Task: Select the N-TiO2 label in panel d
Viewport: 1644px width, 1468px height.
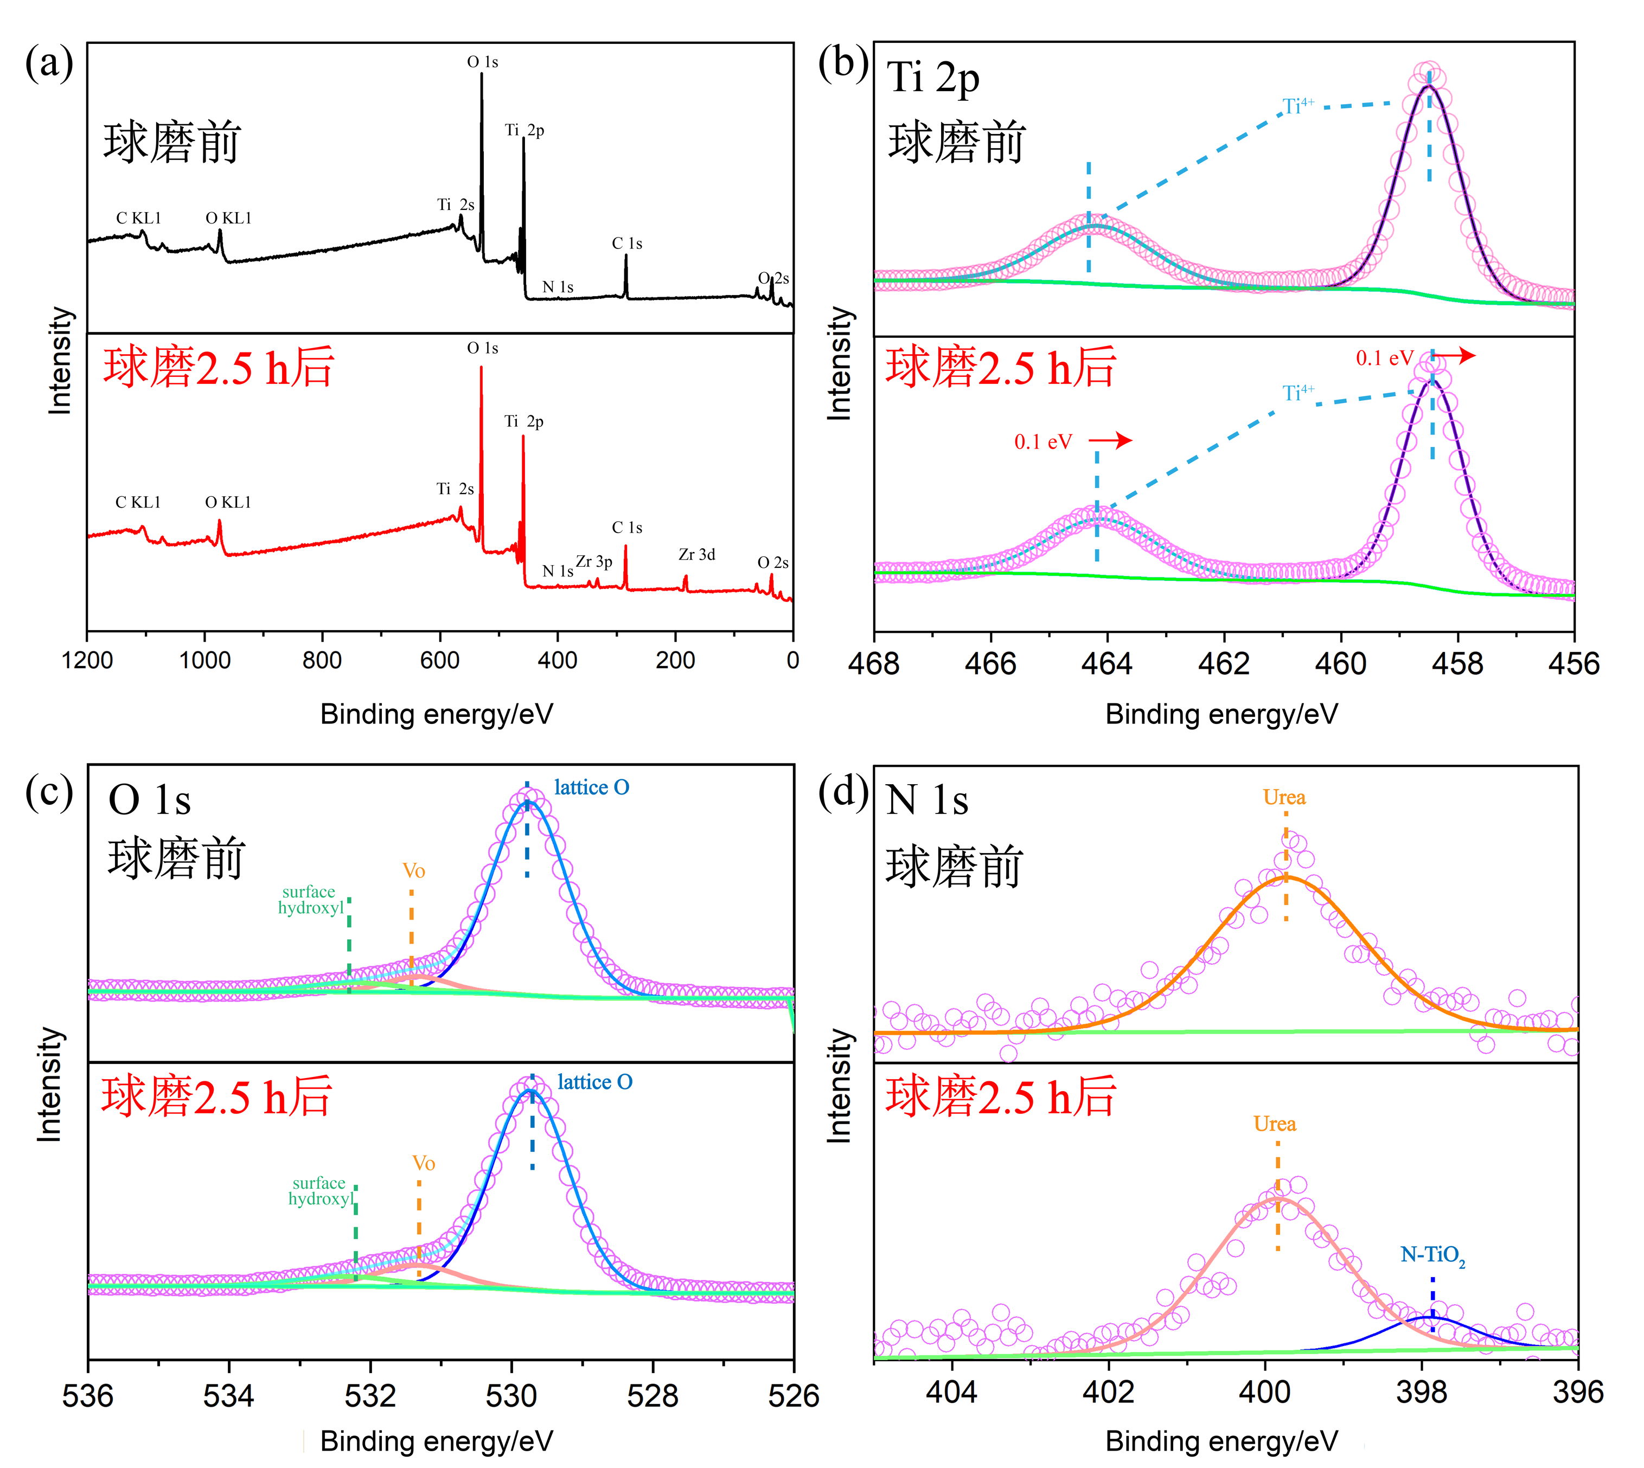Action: (1432, 1255)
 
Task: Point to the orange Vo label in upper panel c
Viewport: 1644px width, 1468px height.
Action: (413, 871)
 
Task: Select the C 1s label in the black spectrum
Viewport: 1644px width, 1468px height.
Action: (627, 243)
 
